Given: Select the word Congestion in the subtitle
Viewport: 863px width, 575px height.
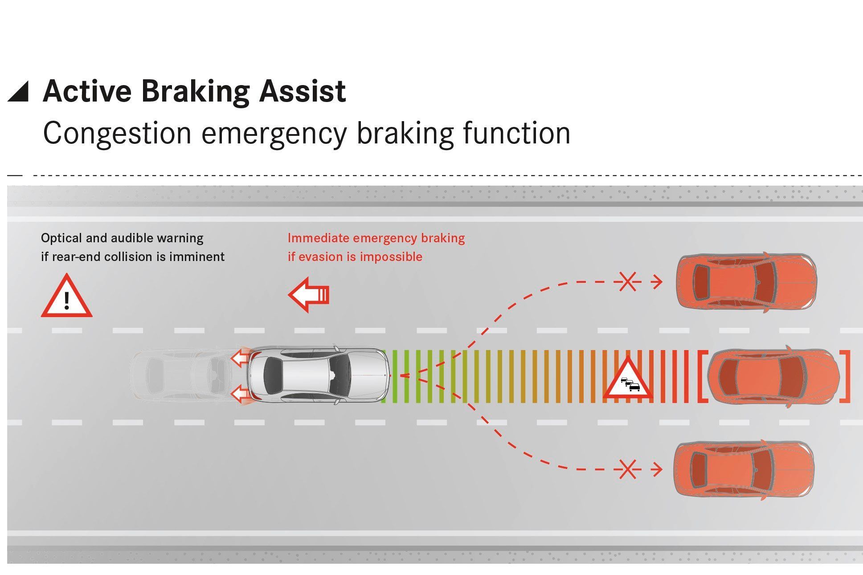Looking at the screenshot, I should click(x=117, y=133).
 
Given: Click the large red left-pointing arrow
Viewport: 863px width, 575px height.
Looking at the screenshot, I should click(x=308, y=294).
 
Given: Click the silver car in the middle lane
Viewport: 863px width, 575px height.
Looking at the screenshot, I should click(x=318, y=375).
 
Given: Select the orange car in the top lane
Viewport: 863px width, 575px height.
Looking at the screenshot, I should click(x=746, y=281).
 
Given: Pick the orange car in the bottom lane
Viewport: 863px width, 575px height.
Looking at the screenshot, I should click(x=743, y=469).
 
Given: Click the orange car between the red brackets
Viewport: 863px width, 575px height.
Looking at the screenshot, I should click(x=773, y=376).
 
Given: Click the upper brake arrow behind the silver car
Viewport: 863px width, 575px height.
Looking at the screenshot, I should click(x=240, y=357).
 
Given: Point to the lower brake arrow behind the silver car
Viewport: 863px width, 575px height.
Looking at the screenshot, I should click(x=240, y=394).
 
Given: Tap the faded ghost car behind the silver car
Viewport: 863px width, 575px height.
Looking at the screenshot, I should click(x=183, y=375).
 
